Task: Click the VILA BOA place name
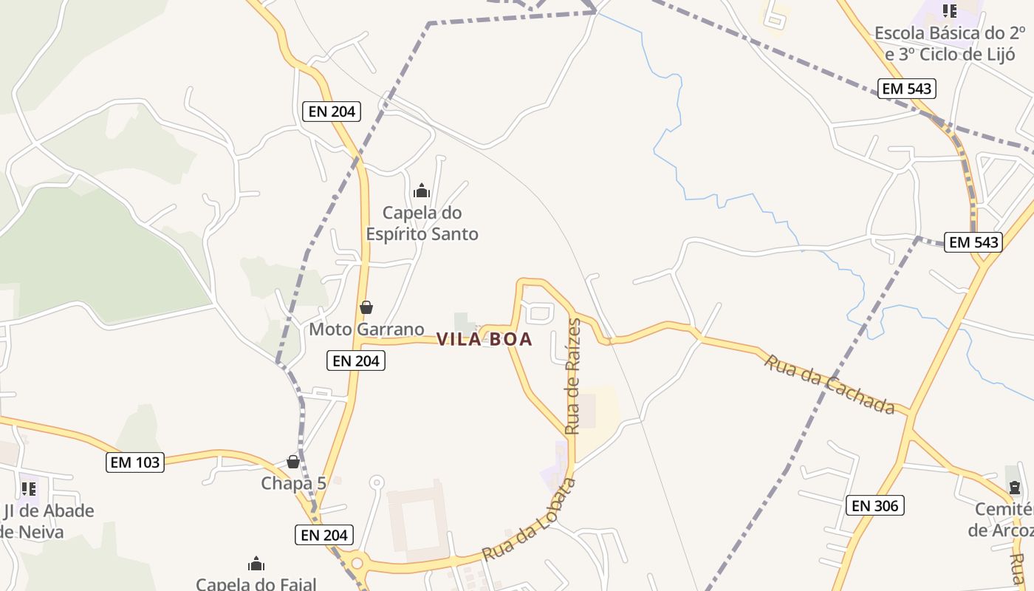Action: (x=484, y=339)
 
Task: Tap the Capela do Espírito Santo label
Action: (x=422, y=223)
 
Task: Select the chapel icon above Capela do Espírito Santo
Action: (x=422, y=191)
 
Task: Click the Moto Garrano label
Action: (x=366, y=329)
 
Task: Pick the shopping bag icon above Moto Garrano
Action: (x=366, y=307)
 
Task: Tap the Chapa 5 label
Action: (x=293, y=483)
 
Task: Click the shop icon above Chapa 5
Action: (x=293, y=462)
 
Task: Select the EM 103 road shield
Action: (x=135, y=462)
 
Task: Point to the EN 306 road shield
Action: (x=874, y=505)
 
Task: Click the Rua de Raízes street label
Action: (x=572, y=377)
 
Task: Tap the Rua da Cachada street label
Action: (x=829, y=384)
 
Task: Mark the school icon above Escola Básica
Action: (x=950, y=11)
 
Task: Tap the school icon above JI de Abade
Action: (x=29, y=488)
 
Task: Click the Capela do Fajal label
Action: (x=256, y=584)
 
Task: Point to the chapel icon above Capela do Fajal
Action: (x=256, y=564)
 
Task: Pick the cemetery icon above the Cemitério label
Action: (x=1015, y=488)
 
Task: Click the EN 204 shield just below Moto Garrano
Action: (x=355, y=361)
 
